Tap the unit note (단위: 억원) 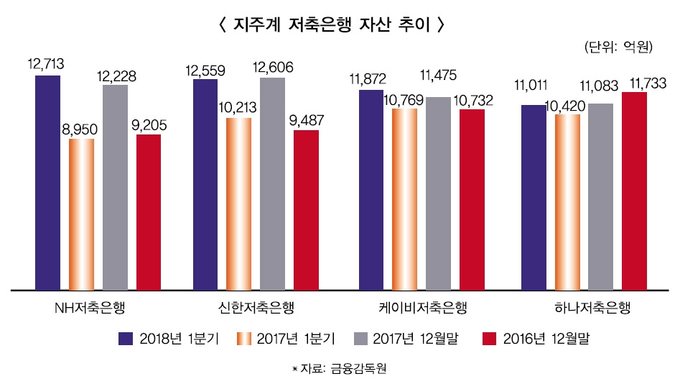click(x=618, y=48)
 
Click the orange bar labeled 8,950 click(x=81, y=214)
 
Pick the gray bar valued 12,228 click(x=115, y=187)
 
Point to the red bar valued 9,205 click(x=149, y=211)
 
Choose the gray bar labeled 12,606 click(x=272, y=183)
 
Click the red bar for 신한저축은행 click(x=306, y=210)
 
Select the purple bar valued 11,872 click(x=371, y=190)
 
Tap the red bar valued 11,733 click(x=634, y=191)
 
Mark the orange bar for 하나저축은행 click(x=567, y=201)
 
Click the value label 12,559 click(x=205, y=70)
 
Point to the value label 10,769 click(x=405, y=101)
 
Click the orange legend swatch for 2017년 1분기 click(x=246, y=338)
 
